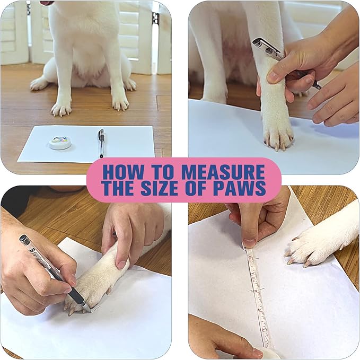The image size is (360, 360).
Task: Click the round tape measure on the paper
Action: pos(59,142)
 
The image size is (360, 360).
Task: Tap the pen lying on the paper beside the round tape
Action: pos(101,143)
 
